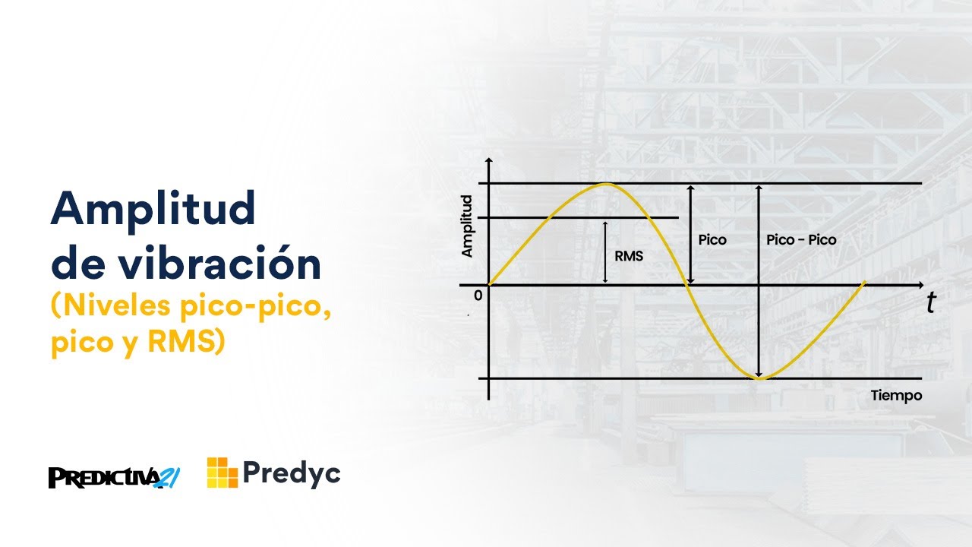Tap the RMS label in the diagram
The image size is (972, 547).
(x=629, y=256)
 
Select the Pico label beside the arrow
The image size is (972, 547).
(x=712, y=240)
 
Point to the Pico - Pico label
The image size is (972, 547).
(x=801, y=240)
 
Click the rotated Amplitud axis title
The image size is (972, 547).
(x=468, y=226)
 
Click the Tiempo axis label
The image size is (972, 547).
(x=896, y=396)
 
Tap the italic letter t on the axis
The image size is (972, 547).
(x=930, y=303)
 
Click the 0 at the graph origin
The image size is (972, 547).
(x=477, y=294)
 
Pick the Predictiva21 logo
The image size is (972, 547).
(x=115, y=476)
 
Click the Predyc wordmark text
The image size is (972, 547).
(x=292, y=473)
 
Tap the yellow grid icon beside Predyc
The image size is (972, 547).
(x=222, y=473)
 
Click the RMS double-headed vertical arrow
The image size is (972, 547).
(x=605, y=252)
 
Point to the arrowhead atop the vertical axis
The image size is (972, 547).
(x=488, y=162)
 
